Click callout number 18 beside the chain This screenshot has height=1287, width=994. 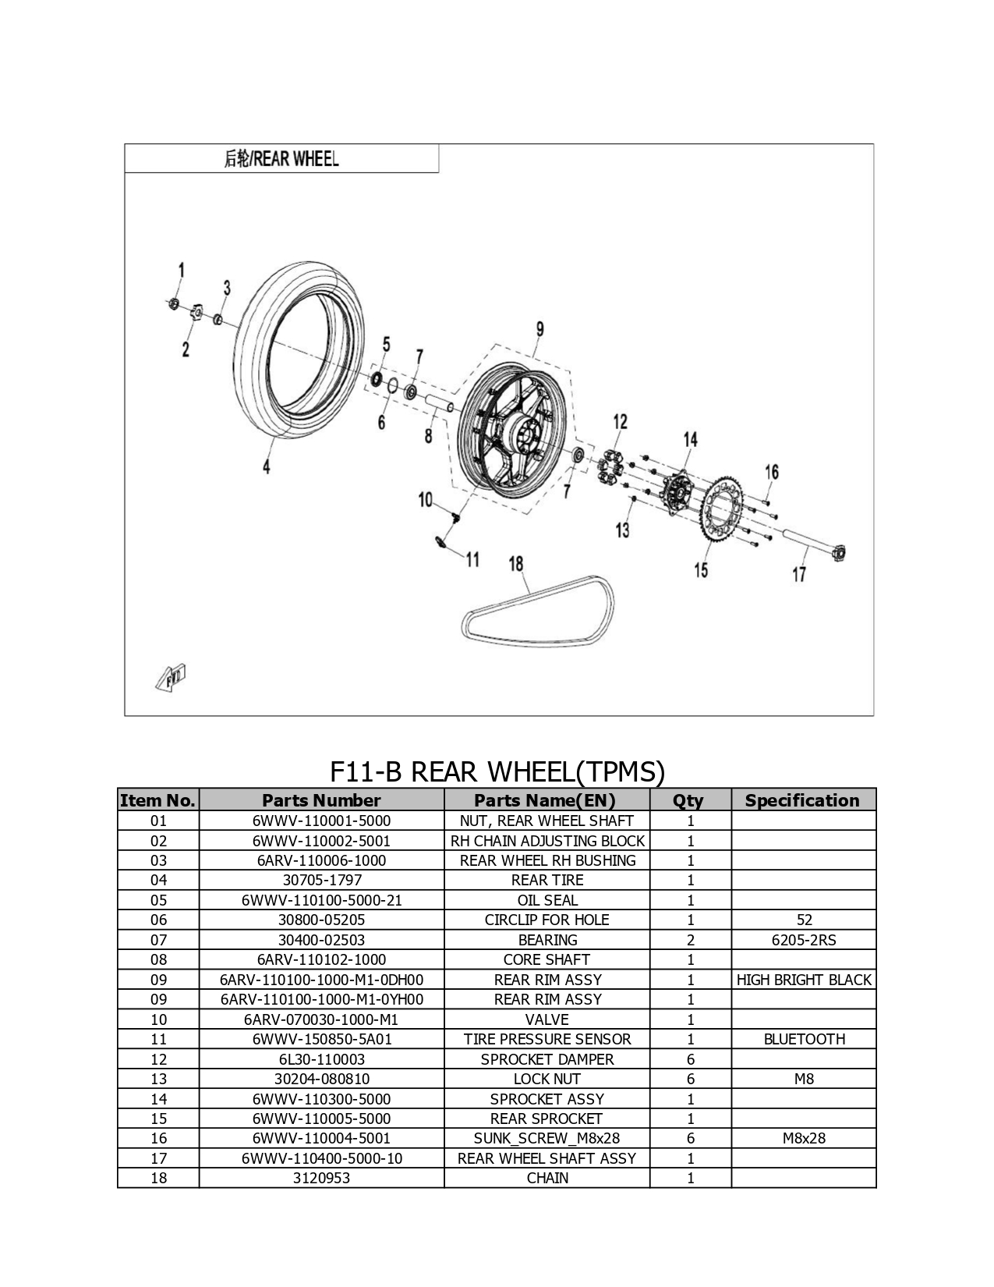click(515, 564)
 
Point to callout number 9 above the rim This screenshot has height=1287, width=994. click(540, 329)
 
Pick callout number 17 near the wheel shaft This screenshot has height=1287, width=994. click(799, 573)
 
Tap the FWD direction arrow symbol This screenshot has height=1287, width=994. click(171, 677)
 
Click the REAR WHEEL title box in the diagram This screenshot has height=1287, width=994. click(281, 158)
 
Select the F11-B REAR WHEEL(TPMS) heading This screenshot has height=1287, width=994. click(497, 771)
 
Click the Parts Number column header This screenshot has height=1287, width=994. click(321, 800)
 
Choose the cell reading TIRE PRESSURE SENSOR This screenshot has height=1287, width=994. click(547, 1039)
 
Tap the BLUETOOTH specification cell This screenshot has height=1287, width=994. click(804, 1039)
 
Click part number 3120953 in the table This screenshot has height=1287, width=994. click(321, 1178)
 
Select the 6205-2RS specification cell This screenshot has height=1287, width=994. click(804, 940)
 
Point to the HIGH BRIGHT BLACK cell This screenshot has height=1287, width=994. click(804, 980)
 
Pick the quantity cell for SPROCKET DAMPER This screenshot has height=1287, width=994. click(690, 1059)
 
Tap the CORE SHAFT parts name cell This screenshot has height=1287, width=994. click(547, 959)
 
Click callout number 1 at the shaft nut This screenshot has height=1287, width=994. click(181, 270)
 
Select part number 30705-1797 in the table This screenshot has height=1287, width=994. click(321, 880)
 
